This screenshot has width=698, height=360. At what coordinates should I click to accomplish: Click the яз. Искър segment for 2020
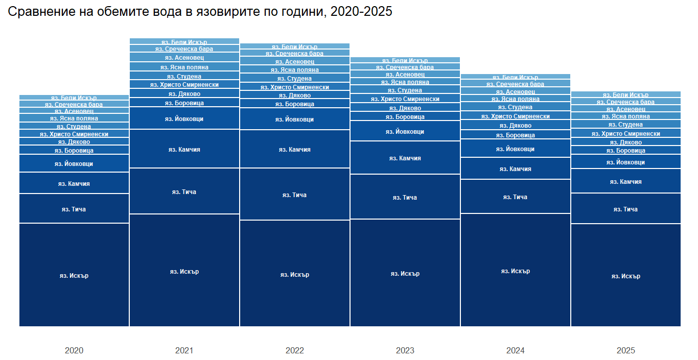tap(74, 275)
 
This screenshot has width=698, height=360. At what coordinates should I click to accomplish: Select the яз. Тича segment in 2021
tap(184, 191)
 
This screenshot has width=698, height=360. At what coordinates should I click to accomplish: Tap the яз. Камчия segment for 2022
tap(295, 149)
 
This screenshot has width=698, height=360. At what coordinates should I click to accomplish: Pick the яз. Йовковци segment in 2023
tap(405, 131)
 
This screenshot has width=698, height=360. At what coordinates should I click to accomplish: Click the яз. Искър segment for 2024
tap(516, 271)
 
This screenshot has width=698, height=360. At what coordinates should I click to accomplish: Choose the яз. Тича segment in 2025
tap(626, 209)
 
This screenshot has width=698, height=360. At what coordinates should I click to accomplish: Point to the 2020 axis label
tap(74, 351)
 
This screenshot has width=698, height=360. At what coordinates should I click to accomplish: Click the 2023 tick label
tap(405, 351)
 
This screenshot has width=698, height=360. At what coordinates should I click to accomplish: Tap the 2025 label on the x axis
tap(626, 351)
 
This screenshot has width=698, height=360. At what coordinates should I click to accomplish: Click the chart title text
tap(200, 12)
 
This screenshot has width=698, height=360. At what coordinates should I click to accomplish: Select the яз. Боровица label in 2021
tap(184, 103)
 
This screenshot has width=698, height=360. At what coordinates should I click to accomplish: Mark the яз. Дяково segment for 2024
tap(516, 126)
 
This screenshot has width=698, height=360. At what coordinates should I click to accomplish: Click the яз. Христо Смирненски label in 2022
tap(295, 87)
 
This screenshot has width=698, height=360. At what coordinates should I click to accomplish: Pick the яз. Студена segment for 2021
tap(184, 76)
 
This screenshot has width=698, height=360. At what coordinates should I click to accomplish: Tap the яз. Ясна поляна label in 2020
tap(74, 118)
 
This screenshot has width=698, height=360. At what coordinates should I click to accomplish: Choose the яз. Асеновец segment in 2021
tap(184, 58)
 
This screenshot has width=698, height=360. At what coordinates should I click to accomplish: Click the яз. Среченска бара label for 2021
tap(184, 49)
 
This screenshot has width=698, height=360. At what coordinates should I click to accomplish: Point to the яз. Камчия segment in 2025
tap(626, 181)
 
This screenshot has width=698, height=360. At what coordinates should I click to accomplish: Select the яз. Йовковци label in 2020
tap(74, 164)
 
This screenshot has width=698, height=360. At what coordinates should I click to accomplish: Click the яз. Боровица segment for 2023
tap(405, 116)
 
